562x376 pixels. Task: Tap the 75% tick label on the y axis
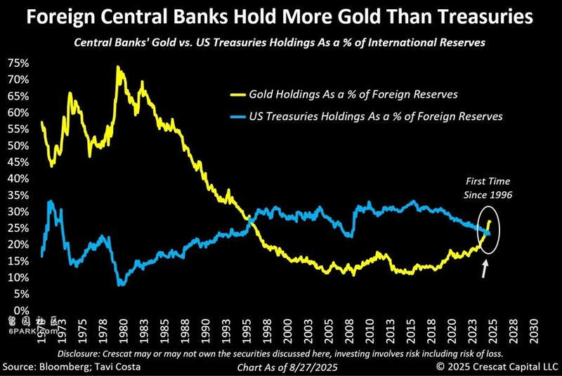point(18,63)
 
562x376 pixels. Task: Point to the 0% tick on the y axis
point(21,310)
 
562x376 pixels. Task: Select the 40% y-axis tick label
point(18,179)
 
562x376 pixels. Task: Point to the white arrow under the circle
point(484,268)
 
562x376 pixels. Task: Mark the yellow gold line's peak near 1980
point(117,67)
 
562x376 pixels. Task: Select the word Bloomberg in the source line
point(72,367)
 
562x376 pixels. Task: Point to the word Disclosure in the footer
point(84,352)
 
